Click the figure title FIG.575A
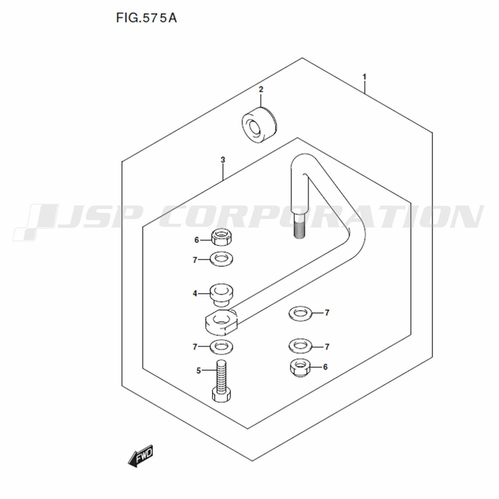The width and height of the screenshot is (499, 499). pos(146,18)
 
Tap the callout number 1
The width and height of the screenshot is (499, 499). pos(364,77)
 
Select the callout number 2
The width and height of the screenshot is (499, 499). pos(261,89)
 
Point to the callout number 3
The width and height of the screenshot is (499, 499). pos(223,160)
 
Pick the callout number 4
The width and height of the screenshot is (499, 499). pos(195,293)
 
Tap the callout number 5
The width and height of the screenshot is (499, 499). pos(199,370)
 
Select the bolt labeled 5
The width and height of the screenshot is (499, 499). pos(221,381)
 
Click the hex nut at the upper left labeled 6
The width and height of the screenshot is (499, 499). pos(221,238)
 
